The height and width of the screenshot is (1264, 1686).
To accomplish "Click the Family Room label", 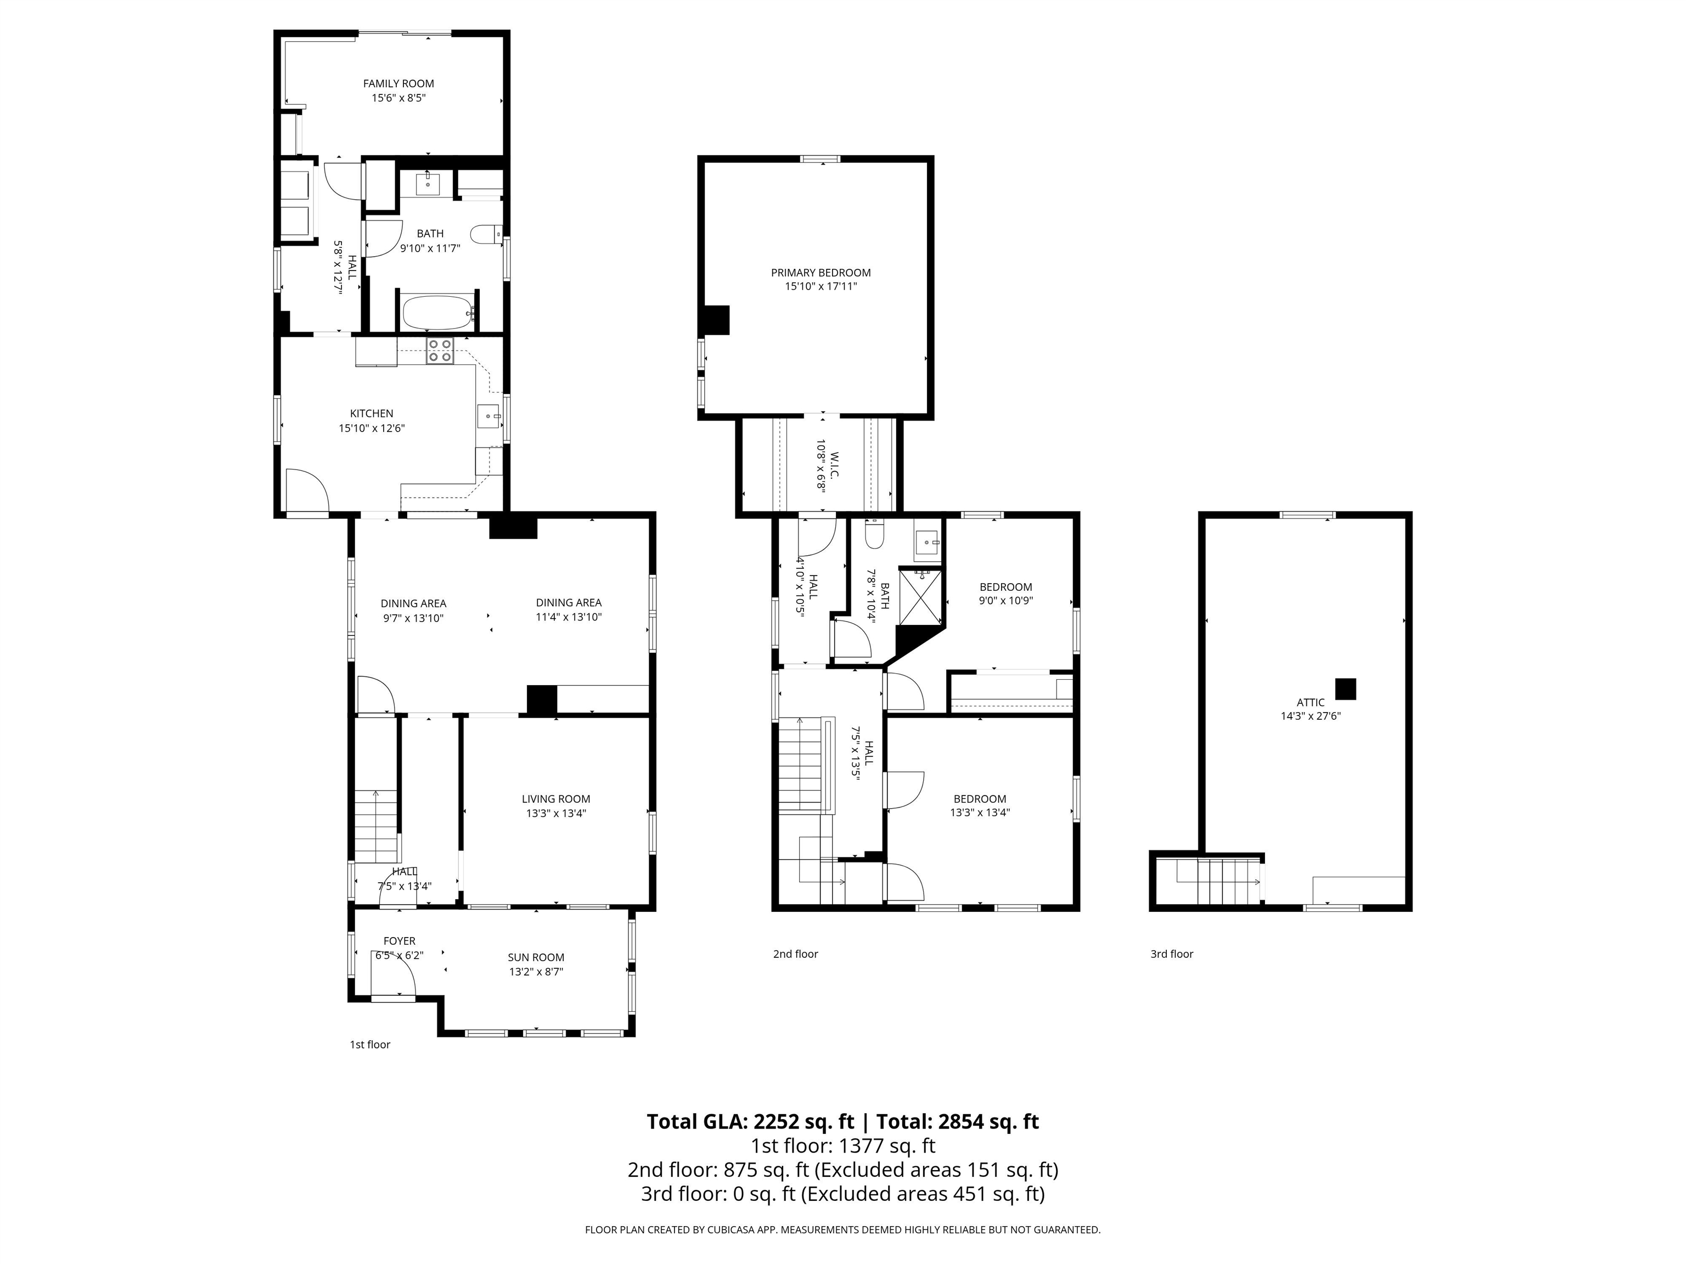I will [x=398, y=84].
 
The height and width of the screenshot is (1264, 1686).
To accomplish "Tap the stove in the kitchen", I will [x=439, y=351].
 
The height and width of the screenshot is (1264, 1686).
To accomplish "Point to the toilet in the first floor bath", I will [x=485, y=234].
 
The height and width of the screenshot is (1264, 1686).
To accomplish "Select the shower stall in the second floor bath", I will [x=921, y=596].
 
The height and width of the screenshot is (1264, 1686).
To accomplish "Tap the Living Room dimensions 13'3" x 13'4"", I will [x=555, y=813].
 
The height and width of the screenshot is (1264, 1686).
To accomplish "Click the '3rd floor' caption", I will [x=1172, y=954].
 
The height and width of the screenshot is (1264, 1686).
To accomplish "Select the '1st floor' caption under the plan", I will [x=370, y=1045].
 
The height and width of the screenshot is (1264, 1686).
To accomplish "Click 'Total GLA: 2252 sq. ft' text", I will [x=750, y=1121].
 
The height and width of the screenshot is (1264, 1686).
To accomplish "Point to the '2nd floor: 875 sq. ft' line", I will [x=842, y=1170].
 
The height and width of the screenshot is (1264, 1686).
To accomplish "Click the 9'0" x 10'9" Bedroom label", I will [x=1005, y=600].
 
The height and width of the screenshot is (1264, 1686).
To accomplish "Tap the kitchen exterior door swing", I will [x=308, y=492].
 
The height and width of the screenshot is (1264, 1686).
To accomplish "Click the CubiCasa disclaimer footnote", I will [x=842, y=1230].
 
